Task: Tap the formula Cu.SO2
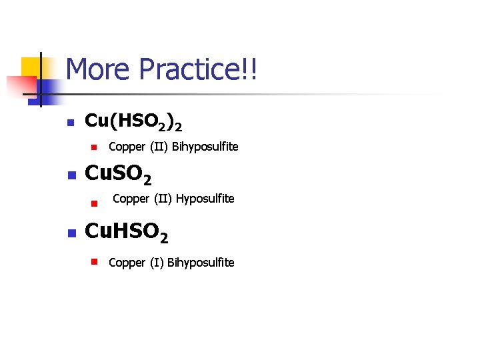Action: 119,175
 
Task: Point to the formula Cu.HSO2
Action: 127,233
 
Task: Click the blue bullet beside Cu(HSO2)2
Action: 69,123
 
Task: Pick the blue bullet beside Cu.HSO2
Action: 69,233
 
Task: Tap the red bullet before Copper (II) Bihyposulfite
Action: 95,147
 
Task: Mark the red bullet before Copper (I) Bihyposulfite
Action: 95,262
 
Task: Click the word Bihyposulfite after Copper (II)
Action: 205,147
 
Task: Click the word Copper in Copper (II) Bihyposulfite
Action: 127,147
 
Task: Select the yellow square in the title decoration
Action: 30,67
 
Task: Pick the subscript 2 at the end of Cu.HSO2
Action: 163,238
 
